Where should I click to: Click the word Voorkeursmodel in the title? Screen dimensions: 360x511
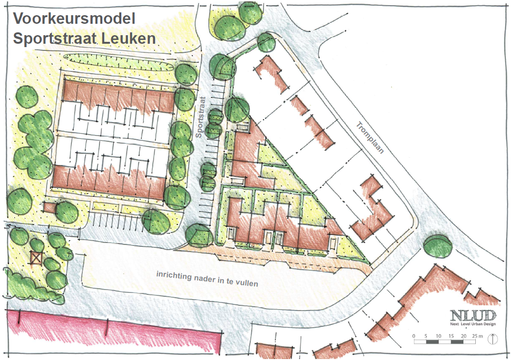click(74, 19)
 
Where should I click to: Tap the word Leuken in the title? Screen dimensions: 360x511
click(131, 38)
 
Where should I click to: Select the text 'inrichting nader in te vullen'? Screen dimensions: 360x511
click(207, 279)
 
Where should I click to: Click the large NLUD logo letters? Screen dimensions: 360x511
click(473, 314)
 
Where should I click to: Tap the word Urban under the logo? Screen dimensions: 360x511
click(477, 324)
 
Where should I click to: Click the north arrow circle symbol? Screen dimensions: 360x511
click(493, 339)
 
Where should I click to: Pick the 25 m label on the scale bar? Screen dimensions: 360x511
click(477, 336)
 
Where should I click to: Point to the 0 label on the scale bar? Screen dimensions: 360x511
click(414, 336)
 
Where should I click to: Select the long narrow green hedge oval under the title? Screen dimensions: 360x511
click(121, 59)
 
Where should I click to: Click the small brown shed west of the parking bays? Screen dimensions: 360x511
click(49, 207)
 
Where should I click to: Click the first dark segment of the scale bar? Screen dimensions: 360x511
click(432, 341)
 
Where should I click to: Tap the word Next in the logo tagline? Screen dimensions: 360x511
click(455, 324)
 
